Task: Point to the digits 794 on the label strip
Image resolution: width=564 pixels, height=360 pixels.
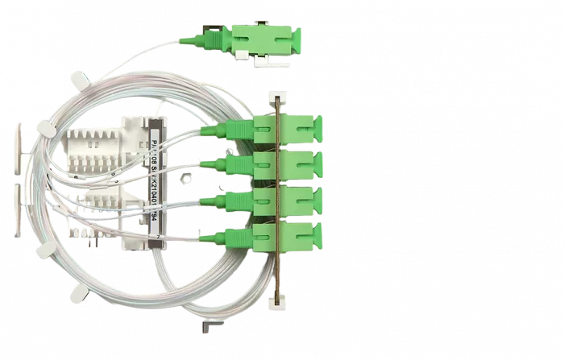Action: [156, 226]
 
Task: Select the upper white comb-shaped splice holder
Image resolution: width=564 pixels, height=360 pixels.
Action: [98, 150]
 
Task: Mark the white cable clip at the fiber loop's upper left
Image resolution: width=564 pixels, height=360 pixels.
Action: [78, 79]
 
